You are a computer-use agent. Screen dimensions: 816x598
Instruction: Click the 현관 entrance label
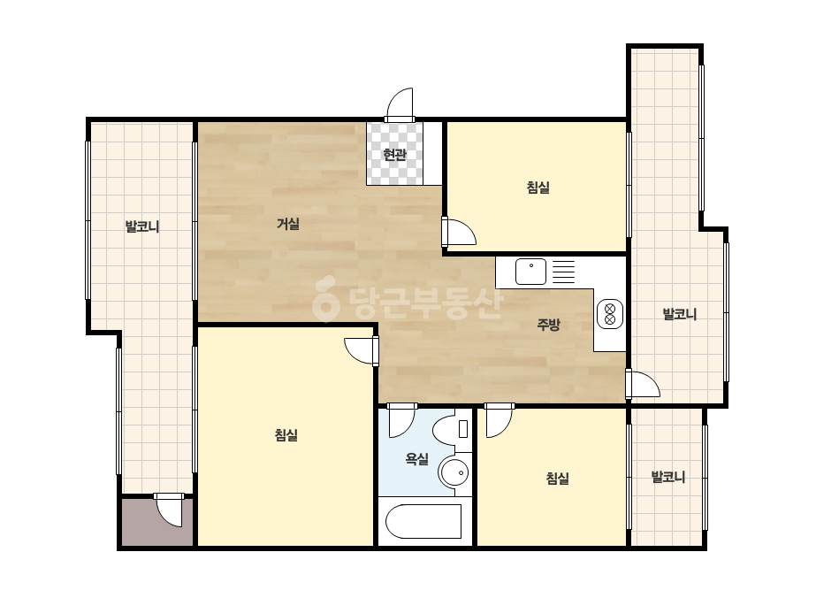point(394,155)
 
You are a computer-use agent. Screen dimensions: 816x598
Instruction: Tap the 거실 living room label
point(288,224)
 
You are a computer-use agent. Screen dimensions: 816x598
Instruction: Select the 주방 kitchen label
point(548,325)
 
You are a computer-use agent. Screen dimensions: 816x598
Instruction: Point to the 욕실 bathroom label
point(417,459)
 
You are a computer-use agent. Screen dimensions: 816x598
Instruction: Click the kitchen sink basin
point(530,272)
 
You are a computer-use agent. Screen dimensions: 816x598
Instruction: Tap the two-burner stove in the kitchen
point(610,314)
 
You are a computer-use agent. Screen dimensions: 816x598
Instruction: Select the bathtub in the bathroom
point(423,521)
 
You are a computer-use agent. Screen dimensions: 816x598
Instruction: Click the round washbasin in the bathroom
point(454,473)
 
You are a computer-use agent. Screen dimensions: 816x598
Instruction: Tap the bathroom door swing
point(402,420)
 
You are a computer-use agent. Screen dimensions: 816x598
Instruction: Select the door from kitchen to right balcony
point(644,385)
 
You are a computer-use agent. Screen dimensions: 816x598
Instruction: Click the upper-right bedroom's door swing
point(459,232)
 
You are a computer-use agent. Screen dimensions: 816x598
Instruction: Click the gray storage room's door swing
point(169,510)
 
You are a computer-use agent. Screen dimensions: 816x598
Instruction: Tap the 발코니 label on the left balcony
point(142,226)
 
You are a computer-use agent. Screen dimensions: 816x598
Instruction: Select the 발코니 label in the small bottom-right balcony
point(668,477)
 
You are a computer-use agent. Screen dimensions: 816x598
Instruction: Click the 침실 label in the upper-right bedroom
point(538,187)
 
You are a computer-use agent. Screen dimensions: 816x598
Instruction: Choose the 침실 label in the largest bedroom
point(286,435)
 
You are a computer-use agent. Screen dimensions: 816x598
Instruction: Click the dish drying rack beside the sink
point(563,272)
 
